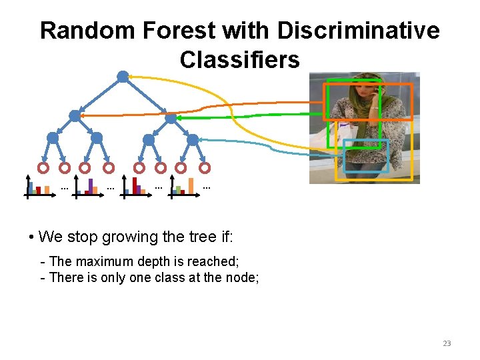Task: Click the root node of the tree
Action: coord(123,77)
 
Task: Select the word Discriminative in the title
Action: coord(358,31)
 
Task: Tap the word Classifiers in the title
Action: coord(239,60)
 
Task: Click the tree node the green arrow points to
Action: coord(171,118)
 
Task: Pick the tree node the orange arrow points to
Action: coord(75,116)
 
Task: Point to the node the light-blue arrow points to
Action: coord(193,140)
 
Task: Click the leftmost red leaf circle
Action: coord(43,167)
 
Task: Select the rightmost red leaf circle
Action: coord(205,167)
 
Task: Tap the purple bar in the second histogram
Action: coord(91,186)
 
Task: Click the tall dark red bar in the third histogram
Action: coord(135,185)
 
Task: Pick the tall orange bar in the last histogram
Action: coord(191,185)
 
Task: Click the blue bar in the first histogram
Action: coord(31,187)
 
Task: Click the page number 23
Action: coord(447,343)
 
